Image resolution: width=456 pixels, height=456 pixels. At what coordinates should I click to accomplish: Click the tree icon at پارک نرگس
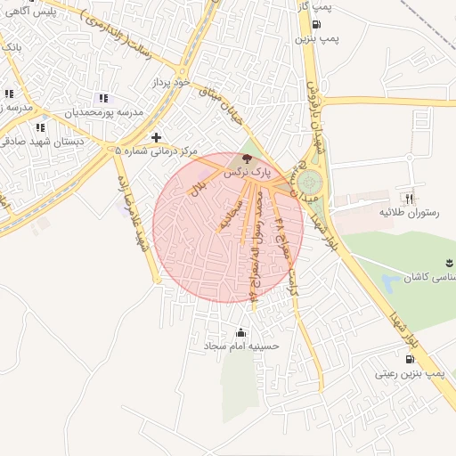[x=246, y=157]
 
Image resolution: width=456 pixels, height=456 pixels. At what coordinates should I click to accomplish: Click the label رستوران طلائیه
[x=408, y=213]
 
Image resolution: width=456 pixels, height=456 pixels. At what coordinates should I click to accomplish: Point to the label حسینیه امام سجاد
[x=241, y=346]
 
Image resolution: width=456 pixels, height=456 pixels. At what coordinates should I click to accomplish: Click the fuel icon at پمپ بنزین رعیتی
[x=409, y=359]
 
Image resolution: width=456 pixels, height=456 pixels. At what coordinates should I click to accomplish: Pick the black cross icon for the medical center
[x=157, y=136]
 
